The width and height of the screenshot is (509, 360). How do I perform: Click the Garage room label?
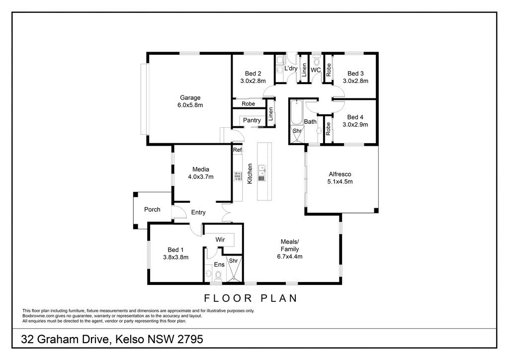pos(190,98)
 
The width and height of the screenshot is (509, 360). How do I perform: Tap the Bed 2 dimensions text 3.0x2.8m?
pos(253,81)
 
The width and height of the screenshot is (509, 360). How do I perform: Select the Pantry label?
pos(252,120)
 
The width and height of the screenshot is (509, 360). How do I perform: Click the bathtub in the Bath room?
pos(296,113)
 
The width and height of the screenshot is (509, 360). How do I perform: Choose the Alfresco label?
pos(340,175)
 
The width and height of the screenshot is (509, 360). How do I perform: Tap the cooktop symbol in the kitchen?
pos(238,176)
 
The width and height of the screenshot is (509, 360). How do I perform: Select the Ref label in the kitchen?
pos(237,150)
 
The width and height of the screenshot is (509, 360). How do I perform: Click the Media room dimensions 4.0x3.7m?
pos(201,177)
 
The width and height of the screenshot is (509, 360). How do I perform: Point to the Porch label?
pos(152,210)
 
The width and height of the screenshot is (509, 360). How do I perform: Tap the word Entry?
pos(198,212)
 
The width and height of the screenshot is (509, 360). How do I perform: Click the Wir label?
pos(220,240)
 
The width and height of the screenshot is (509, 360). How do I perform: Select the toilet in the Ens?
pos(218,276)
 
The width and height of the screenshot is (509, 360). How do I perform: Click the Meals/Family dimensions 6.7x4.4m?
pos(290,257)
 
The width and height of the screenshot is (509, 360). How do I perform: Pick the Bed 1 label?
pos(175,250)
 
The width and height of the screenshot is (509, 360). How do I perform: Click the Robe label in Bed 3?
pos(329,70)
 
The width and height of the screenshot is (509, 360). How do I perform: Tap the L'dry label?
pos(291,69)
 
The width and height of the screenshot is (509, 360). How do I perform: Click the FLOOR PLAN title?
pos(251,298)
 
